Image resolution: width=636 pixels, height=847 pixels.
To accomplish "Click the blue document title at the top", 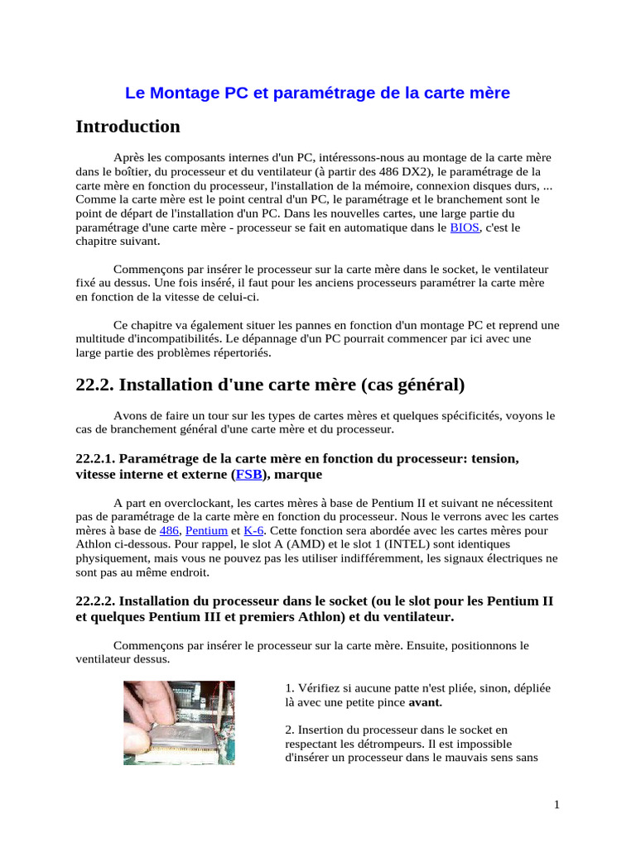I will point(317,93).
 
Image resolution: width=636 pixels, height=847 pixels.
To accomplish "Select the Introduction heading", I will point(128,127).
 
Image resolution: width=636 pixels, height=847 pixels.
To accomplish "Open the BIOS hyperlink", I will point(465,227).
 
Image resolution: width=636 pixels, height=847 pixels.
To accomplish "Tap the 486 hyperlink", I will point(169,530).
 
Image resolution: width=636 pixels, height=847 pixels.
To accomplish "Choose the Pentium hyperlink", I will point(206,530).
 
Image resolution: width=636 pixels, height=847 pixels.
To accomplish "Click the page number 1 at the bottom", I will point(556,805).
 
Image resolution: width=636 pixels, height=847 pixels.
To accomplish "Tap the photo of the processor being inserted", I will point(179,722).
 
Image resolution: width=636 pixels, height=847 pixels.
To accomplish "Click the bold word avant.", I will point(426,702).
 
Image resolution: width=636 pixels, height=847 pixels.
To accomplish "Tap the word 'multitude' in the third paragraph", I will point(101,339).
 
